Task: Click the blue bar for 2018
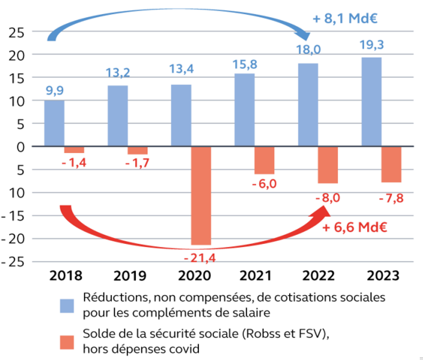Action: pos(54,123)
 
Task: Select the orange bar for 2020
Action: pos(202,195)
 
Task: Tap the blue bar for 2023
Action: pos(371,102)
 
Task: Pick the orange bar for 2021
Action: pos(264,160)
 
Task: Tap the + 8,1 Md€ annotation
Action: pos(343,19)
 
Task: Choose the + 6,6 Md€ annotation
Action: pos(354,227)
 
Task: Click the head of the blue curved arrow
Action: pos(305,36)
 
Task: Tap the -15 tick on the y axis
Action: pos(14,216)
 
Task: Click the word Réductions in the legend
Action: pos(108,297)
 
